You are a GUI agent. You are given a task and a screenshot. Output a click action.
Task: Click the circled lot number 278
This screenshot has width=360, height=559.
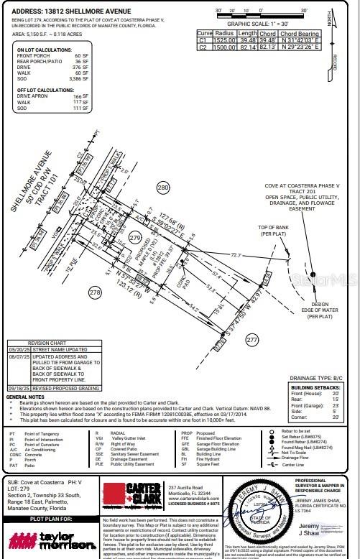coord(94,292)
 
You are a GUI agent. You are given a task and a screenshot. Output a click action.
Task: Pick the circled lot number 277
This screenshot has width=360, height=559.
coord(251,338)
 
